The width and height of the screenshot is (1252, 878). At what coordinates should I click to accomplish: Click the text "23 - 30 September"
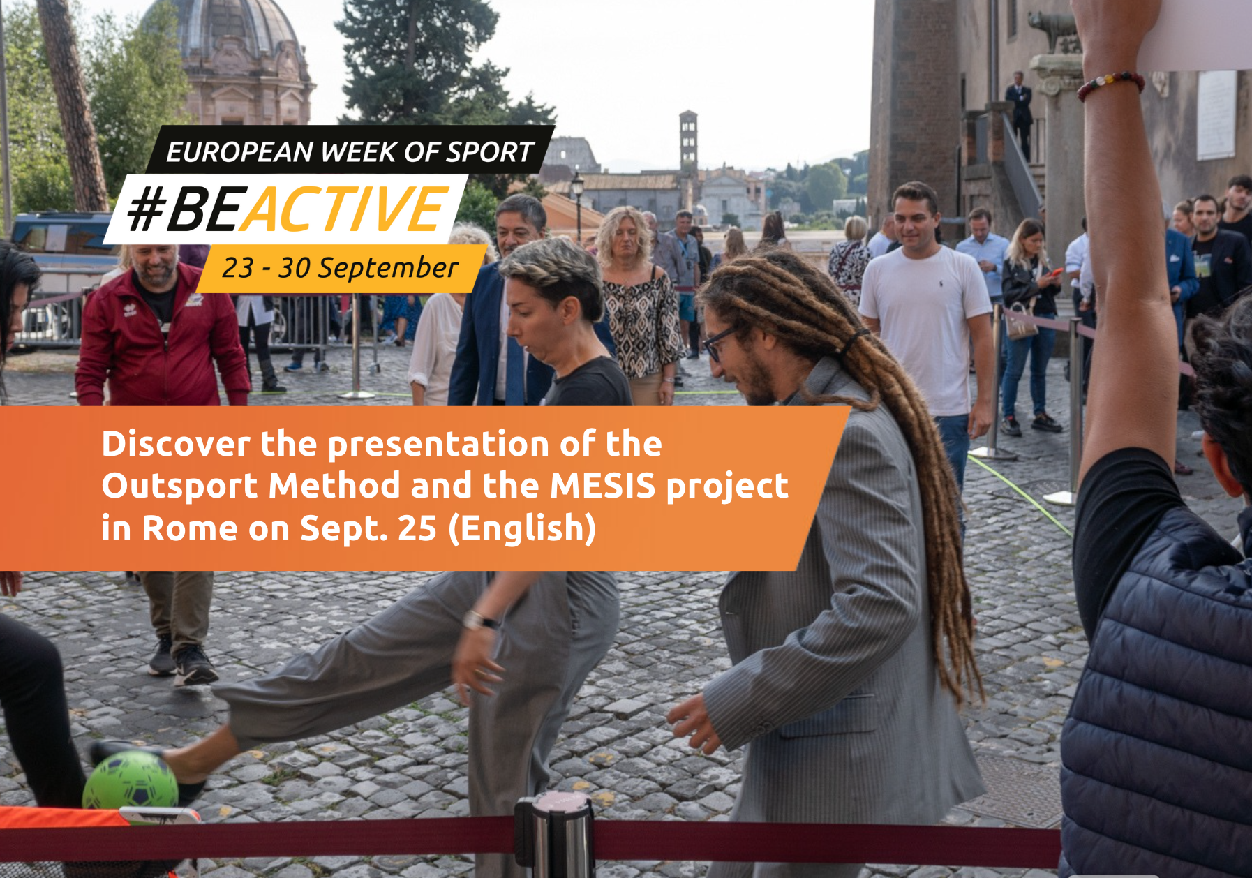340,268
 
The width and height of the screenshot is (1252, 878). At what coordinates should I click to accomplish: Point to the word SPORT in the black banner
490,152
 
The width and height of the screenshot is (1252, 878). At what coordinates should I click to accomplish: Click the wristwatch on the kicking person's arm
480,620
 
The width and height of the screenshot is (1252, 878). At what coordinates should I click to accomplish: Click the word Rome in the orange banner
190,528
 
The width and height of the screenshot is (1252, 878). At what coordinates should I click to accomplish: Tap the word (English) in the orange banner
522,528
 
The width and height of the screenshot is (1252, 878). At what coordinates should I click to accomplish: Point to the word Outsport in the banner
181,486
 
